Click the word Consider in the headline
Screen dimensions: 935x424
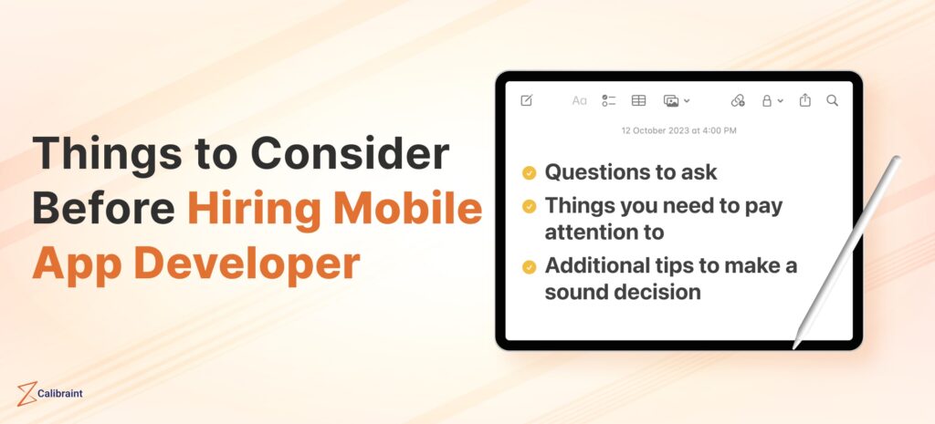pos(353,153)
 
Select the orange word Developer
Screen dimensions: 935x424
pos(247,264)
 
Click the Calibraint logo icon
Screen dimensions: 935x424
pos(26,394)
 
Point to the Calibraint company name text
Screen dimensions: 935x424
pos(60,394)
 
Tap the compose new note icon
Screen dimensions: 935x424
pos(527,100)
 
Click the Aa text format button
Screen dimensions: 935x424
pos(579,100)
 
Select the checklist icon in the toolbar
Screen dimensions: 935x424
pos(609,100)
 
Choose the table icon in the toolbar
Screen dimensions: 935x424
pos(638,100)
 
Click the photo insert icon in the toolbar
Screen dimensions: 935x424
pos(671,101)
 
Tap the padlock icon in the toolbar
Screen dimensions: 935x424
pos(767,100)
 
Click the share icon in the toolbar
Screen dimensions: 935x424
pos(805,100)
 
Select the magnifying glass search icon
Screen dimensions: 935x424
pos(833,100)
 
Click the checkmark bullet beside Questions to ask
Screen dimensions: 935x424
pos(529,172)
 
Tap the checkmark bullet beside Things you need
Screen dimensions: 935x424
pos(529,206)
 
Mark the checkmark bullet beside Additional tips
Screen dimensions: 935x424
pos(529,267)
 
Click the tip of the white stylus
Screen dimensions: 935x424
pos(794,347)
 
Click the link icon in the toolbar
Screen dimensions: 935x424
pos(738,100)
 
